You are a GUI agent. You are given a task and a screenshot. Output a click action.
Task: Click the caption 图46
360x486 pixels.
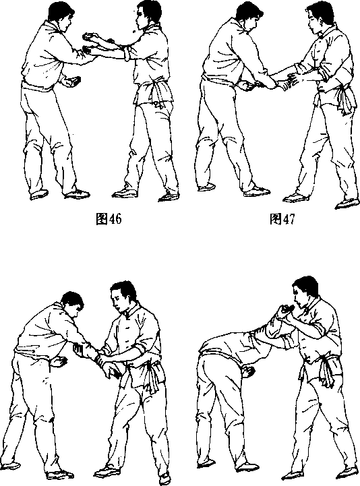pyautogui.click(x=109, y=219)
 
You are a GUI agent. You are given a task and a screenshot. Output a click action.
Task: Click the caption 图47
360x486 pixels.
pyautogui.click(x=282, y=219)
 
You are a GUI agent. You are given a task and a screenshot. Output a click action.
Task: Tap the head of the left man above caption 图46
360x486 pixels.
pyautogui.click(x=62, y=15)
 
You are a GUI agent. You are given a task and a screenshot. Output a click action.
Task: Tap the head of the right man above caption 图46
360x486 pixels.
pyautogui.click(x=148, y=15)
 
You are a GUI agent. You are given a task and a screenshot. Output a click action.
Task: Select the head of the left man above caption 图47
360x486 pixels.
pyautogui.click(x=249, y=16)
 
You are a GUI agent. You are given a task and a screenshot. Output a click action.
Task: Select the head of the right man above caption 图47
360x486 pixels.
pyautogui.click(x=320, y=18)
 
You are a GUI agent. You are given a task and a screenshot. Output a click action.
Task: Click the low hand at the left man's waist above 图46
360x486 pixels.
pyautogui.click(x=72, y=82)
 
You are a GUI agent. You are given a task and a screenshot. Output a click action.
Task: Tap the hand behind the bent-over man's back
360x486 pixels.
pyautogui.click(x=248, y=371)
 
